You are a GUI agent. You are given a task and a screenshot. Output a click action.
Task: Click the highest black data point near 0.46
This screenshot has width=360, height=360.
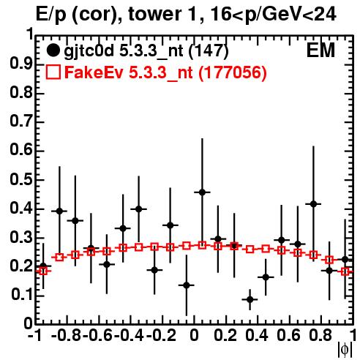(202, 192)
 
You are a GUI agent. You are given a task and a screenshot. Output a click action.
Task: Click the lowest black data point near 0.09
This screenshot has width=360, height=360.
(250, 299)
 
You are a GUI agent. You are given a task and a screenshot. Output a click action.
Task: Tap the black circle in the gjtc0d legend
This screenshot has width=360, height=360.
(53, 50)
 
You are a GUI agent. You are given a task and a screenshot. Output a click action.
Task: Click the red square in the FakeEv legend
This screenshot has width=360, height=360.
(53, 72)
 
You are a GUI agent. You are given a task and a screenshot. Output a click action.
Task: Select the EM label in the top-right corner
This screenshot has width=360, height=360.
(320, 50)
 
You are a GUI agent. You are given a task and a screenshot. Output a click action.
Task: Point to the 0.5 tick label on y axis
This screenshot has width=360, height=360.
(21, 180)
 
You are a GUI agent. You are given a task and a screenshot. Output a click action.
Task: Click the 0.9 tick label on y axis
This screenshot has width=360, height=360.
(21, 64)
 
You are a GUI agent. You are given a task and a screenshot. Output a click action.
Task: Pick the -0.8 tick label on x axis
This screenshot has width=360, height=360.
(66, 336)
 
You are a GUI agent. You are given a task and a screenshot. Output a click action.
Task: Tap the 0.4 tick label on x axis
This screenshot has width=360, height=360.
(257, 336)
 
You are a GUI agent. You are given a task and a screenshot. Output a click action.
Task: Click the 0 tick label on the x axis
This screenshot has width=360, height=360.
(194, 336)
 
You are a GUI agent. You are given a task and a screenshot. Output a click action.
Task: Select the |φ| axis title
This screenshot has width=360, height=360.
(345, 350)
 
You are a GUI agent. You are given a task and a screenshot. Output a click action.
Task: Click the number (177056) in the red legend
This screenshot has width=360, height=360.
(233, 72)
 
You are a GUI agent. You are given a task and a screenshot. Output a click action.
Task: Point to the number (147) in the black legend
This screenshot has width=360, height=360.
(209, 51)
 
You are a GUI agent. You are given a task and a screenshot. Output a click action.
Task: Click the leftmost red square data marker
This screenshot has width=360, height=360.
(43, 271)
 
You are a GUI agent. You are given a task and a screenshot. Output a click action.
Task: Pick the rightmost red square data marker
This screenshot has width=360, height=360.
(345, 271)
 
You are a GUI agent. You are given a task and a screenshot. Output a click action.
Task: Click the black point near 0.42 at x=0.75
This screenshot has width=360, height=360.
(313, 204)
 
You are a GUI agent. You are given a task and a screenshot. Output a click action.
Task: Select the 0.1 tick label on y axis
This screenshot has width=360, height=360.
(21, 295)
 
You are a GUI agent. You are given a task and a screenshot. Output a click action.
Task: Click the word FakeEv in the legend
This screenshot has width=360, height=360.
(94, 72)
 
